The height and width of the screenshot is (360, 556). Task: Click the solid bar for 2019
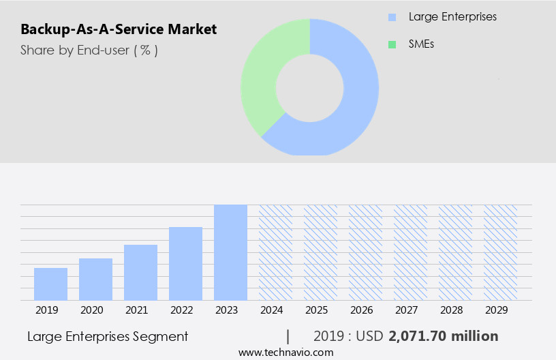[x=50, y=284]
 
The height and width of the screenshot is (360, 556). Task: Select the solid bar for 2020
[x=95, y=279]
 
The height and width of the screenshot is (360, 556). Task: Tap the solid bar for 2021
[x=140, y=272]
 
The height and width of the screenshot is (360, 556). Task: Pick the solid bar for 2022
[x=185, y=263]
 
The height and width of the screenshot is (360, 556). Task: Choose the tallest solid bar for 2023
[x=230, y=252]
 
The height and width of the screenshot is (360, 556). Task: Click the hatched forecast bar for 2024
[x=275, y=252]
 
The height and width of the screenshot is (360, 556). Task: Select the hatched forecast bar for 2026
[x=365, y=252]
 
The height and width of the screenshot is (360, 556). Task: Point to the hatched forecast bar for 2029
[x=500, y=252]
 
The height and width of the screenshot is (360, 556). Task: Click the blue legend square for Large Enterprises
[x=392, y=17]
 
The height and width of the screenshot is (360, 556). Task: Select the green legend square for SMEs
[x=392, y=44]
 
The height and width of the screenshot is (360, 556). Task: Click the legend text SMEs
[x=421, y=44]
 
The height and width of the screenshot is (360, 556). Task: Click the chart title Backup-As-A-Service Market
[x=119, y=29]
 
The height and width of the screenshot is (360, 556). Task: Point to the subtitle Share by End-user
[x=89, y=50]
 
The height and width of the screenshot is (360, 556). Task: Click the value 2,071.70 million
[x=443, y=336]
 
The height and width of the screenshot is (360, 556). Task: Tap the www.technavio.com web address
[x=286, y=352]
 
